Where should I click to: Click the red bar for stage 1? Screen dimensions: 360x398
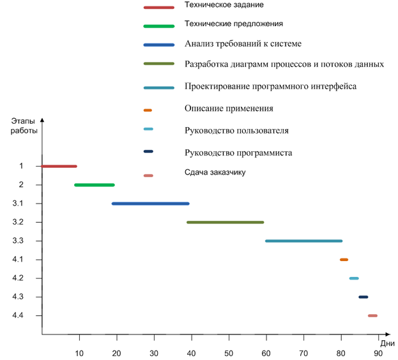[59, 166]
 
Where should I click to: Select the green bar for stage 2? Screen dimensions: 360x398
[95, 185]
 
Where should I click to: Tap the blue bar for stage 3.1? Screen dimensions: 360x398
[151, 204]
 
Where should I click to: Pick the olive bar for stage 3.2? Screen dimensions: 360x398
[225, 222]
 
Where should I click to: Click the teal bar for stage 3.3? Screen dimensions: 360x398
[303, 241]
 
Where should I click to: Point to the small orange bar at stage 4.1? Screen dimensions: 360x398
[344, 260]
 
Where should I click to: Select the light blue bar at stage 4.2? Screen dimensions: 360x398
[354, 278]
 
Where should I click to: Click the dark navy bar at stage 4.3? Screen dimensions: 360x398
[364, 297]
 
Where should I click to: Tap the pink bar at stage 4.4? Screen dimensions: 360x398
[372, 315]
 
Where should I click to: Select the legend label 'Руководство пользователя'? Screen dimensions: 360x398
[236, 130]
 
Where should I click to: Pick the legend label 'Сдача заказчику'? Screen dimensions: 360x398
[215, 172]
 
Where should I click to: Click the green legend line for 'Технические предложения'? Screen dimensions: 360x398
[159, 26]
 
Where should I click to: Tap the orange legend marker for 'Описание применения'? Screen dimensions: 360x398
[148, 110]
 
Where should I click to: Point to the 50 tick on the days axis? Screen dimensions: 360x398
[229, 353]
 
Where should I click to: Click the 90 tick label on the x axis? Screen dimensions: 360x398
[378, 353]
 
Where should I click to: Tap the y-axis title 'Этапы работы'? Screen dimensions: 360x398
[24, 124]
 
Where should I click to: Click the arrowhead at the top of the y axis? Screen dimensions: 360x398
[42, 120]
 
